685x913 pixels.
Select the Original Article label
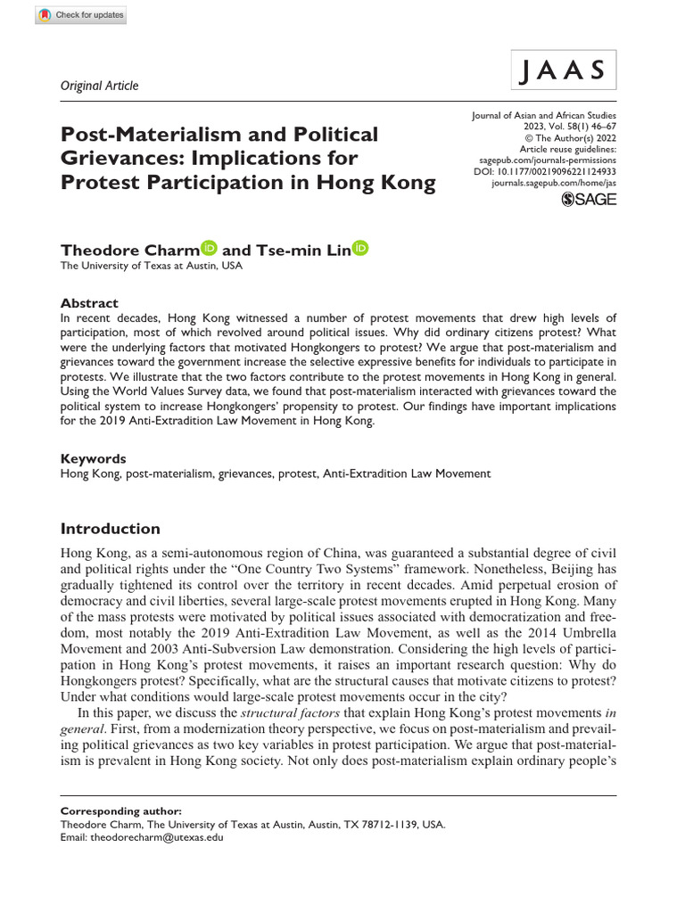click(x=99, y=86)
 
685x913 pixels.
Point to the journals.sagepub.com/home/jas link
click(x=554, y=182)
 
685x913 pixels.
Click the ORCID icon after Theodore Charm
click(x=210, y=223)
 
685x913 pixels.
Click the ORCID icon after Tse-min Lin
click(x=360, y=223)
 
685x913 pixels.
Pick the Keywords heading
click(x=94, y=458)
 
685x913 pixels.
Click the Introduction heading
click(x=110, y=529)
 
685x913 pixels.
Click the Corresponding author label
click(x=120, y=811)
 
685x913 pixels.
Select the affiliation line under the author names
click(x=151, y=241)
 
